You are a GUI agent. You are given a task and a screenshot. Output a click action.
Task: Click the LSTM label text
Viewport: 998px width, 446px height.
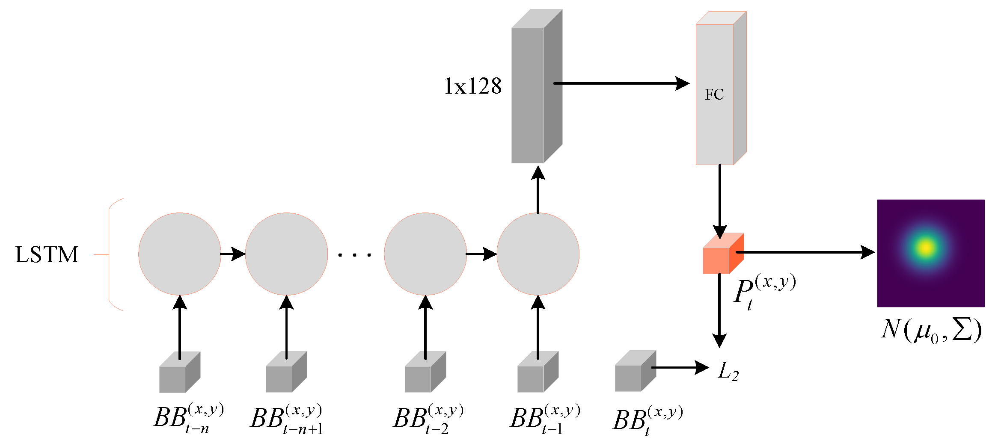47,254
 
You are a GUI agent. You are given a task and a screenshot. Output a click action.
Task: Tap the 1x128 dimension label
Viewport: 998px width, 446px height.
472,86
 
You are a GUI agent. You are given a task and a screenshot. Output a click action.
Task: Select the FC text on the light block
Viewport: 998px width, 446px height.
714,95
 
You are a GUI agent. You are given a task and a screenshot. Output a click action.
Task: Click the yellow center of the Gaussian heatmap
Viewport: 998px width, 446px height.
926,247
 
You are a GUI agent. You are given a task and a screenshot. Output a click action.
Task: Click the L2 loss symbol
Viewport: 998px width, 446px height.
728,371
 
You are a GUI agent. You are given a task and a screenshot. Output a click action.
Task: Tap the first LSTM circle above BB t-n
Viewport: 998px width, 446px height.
180,254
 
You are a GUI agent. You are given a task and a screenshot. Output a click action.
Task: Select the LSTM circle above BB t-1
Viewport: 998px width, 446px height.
538,254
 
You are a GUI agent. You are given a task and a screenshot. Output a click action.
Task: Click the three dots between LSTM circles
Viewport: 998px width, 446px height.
354,255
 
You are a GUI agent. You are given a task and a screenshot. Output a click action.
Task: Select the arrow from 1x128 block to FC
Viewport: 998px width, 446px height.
621,83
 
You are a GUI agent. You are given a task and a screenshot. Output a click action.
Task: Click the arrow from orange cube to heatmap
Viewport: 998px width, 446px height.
805,252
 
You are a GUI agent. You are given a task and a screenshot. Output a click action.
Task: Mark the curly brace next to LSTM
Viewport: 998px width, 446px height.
111,254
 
